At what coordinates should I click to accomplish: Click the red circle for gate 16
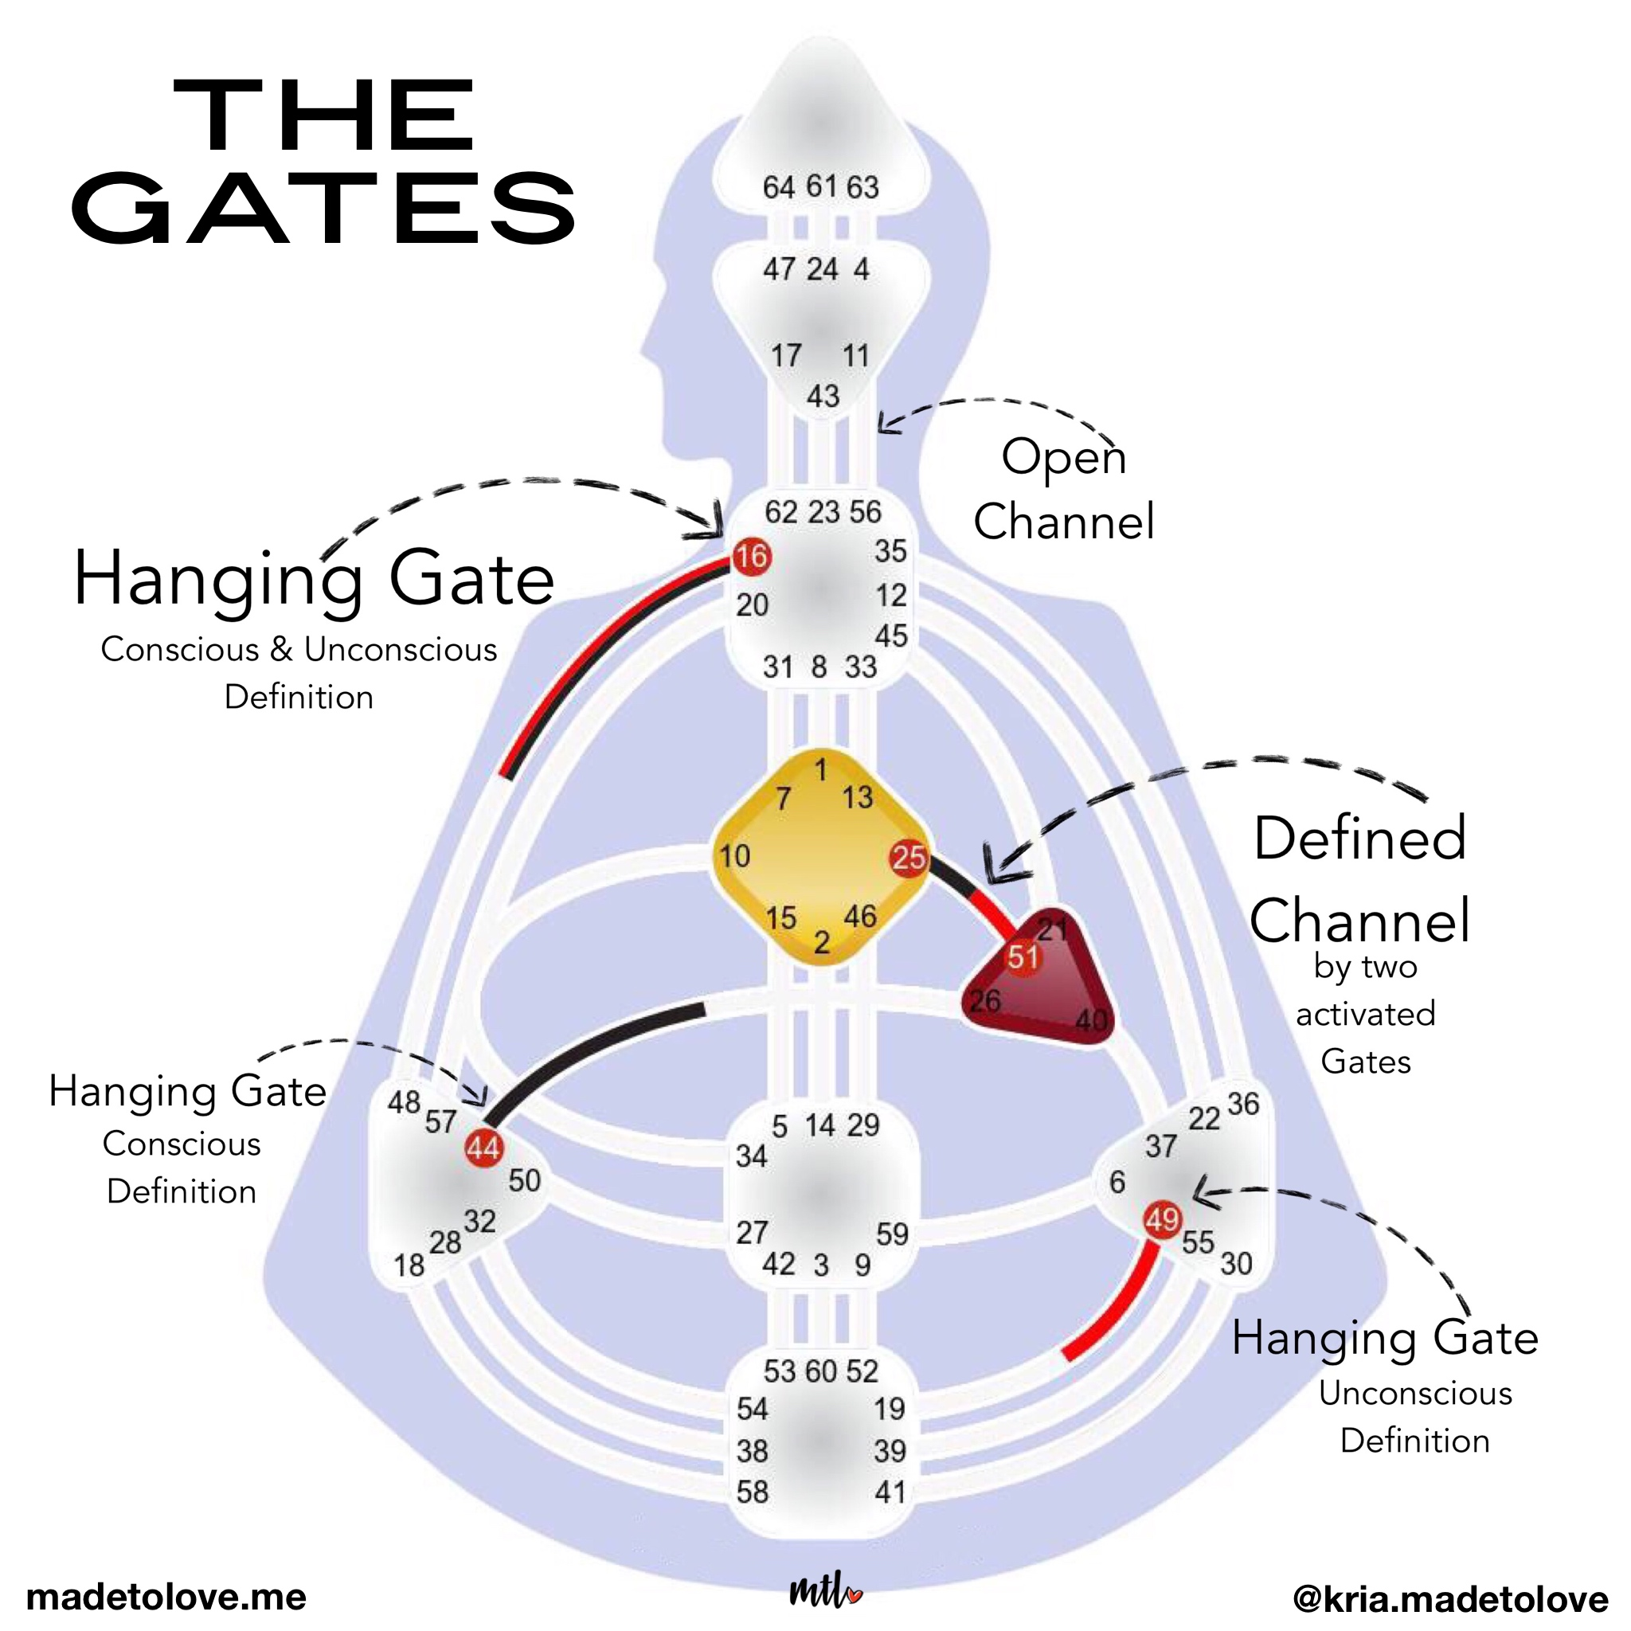click(750, 557)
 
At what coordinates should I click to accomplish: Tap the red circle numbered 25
click(909, 858)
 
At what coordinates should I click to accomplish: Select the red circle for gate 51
click(1023, 957)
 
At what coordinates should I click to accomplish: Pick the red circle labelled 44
click(483, 1148)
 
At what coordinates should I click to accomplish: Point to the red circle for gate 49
click(1162, 1219)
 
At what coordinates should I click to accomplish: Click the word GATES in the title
click(324, 207)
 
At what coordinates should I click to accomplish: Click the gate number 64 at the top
click(778, 187)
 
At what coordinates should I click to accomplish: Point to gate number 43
click(823, 396)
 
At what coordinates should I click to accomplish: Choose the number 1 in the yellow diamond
click(820, 770)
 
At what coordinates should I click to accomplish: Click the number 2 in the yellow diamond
click(821, 943)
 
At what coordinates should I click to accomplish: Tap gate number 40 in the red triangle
click(1091, 1021)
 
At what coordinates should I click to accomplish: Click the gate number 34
click(751, 1156)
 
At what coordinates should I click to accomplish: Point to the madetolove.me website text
click(166, 1598)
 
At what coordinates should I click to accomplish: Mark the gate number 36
click(1242, 1103)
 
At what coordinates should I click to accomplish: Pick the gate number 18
click(409, 1265)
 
